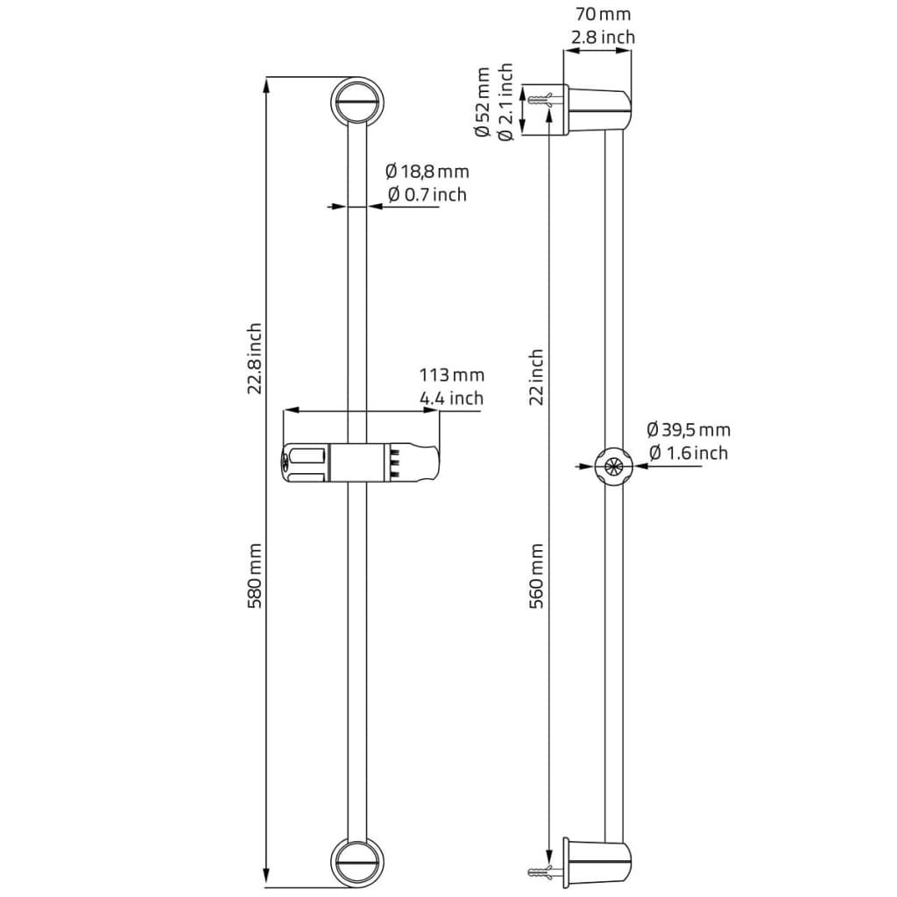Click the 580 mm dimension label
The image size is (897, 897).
(x=255, y=576)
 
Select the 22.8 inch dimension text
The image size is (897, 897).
(x=255, y=358)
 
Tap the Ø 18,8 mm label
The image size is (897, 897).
(x=427, y=171)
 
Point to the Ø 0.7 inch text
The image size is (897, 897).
(x=427, y=194)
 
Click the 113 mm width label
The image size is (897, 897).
(x=452, y=376)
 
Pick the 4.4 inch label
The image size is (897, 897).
(x=452, y=399)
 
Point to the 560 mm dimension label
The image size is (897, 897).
(x=537, y=576)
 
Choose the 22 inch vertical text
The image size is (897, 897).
(x=537, y=377)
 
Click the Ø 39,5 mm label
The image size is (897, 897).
(x=688, y=430)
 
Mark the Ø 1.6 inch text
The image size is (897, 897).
(x=688, y=453)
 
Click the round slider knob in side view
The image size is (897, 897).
(x=613, y=466)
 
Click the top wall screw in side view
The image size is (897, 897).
(x=542, y=96)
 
